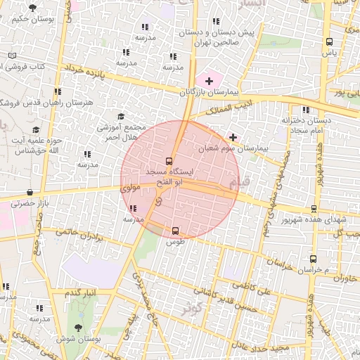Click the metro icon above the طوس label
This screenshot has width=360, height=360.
click(175, 230)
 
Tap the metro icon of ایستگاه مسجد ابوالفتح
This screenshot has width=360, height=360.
click(169, 161)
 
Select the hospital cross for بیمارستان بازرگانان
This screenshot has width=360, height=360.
click(208, 82)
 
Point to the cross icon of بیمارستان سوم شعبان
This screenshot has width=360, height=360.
click(233, 137)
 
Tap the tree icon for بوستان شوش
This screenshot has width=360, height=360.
click(78, 327)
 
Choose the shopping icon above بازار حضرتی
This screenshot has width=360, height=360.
click(30, 192)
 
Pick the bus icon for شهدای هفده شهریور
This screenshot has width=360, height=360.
click(312, 208)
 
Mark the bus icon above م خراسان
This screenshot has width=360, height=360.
click(313, 259)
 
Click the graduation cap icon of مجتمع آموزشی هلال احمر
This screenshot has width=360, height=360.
click(120, 117)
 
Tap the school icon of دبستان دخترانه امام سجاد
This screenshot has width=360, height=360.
click(305, 110)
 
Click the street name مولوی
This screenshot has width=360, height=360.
click(131, 188)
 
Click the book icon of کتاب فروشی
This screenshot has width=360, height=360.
click(12, 56)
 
